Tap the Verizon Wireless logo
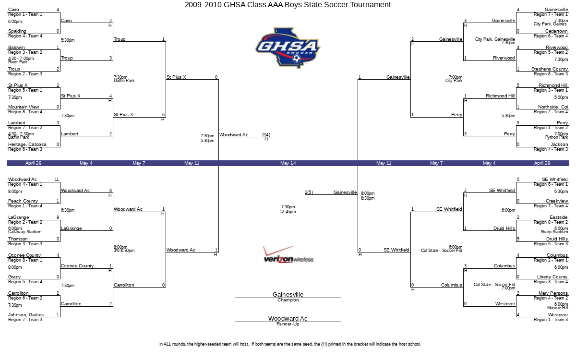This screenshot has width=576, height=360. coord(288,255)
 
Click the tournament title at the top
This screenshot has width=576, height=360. coord(288,5)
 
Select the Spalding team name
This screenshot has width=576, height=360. coord(17,31)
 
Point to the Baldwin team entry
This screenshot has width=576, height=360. coord(16,48)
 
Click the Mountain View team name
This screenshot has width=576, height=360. coord(24,107)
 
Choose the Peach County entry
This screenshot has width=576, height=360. coord(23,201)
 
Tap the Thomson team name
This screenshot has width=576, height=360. coord(18,239)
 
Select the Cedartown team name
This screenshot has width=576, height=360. coord(556,31)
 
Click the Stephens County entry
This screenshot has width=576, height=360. coord(550,69)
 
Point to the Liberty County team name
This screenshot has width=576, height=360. coord(552,277)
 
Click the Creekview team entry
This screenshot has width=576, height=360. coord(557,201)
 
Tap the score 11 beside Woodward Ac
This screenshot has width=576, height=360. coord(57,180)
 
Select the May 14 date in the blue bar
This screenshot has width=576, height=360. coord(288,163)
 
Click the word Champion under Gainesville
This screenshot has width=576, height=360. coord(288,300)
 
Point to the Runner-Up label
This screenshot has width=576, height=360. coord(288,324)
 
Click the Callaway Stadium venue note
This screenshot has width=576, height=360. coord(25,232)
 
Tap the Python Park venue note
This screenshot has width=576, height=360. coord(556,137)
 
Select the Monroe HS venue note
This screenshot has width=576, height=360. coord(557,308)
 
